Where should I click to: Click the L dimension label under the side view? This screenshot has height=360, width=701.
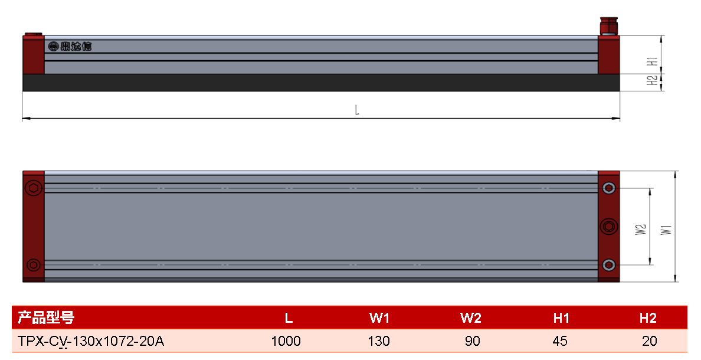click(x=357, y=110)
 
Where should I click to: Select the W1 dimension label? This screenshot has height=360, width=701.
click(x=666, y=230)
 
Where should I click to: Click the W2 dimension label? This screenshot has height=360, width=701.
click(x=641, y=230)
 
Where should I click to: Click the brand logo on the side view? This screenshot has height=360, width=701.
click(x=70, y=46)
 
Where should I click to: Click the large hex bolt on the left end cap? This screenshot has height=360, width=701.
click(x=34, y=188)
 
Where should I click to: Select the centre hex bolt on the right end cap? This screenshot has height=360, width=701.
click(x=608, y=226)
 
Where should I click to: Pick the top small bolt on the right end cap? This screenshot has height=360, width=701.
click(x=608, y=188)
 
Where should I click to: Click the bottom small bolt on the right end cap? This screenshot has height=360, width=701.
click(x=608, y=265)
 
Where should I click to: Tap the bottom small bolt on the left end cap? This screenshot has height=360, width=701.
click(x=33, y=265)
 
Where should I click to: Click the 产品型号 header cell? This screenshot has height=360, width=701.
click(x=45, y=318)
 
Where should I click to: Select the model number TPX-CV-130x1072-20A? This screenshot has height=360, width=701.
click(x=91, y=341)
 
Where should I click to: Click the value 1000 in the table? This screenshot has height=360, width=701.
click(x=286, y=341)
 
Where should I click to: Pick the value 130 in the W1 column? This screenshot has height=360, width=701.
click(x=379, y=341)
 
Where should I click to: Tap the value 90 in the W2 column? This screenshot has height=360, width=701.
click(x=472, y=341)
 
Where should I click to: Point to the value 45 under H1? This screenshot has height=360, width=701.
click(x=560, y=341)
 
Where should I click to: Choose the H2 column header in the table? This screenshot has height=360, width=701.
click(x=648, y=318)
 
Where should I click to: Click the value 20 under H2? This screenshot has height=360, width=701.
click(x=649, y=341)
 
